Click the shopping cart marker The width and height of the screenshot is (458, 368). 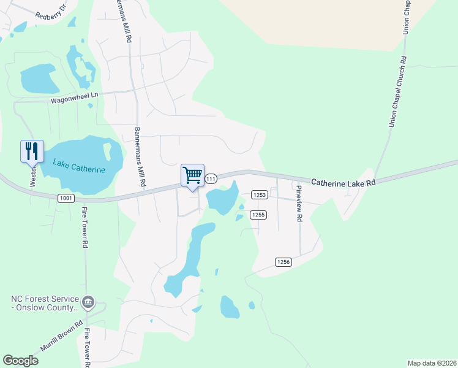click(192, 176)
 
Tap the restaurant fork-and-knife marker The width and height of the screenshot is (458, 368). click(32, 151)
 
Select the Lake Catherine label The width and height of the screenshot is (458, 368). click(79, 166)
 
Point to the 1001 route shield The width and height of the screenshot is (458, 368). click(66, 198)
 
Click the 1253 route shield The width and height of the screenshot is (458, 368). click(258, 194)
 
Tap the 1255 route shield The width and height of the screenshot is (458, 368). click(258, 214)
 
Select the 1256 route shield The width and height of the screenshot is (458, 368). click(283, 262)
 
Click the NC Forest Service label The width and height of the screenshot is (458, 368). click(45, 303)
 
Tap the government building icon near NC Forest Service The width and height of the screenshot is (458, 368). click(88, 301)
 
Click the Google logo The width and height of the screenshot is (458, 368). click(20, 361)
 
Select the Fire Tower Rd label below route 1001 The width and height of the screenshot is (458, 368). click(84, 227)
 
